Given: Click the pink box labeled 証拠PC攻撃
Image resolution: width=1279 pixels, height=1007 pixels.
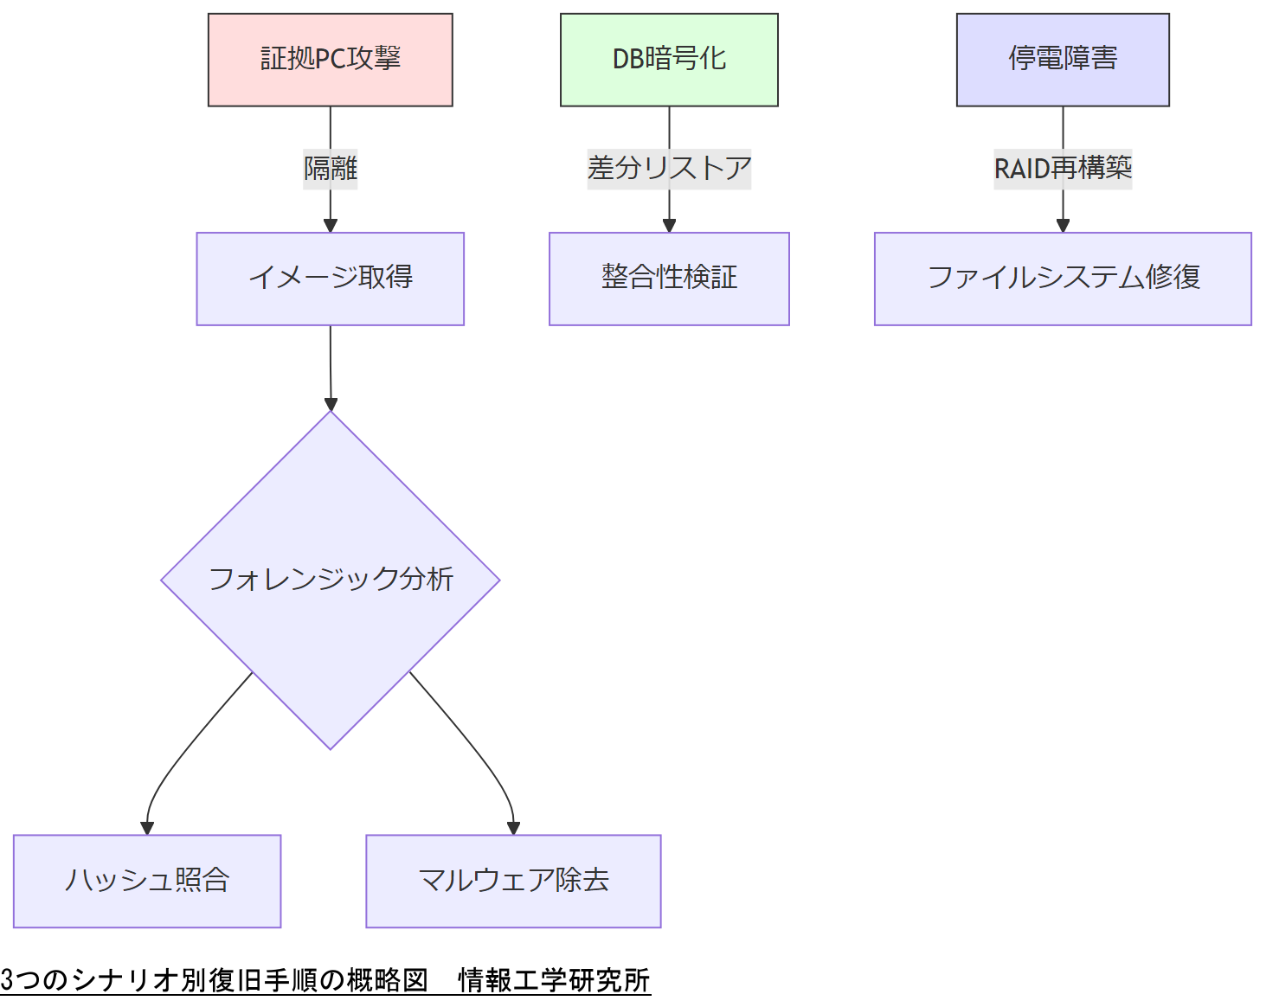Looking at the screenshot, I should point(330,60).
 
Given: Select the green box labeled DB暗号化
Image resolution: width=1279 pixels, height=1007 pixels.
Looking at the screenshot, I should point(669,60).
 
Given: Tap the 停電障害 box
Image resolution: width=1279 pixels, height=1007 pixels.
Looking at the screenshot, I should point(1063,60).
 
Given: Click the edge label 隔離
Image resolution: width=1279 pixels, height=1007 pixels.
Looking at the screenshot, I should point(330,168).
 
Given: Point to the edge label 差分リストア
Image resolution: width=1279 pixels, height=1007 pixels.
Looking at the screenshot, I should point(669,168).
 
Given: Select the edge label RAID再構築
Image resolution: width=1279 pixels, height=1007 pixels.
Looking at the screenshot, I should point(1063,168).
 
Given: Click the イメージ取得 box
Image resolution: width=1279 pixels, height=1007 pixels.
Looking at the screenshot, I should point(330,279).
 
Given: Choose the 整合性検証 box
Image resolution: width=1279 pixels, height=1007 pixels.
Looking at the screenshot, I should point(669,279).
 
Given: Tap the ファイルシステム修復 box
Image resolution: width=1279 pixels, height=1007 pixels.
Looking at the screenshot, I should point(1063,279).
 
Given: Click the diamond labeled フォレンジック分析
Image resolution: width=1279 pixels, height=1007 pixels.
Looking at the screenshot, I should point(330,580).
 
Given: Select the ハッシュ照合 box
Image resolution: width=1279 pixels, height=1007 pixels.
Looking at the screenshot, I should point(147,881).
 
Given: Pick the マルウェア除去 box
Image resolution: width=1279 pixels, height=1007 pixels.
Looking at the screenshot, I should point(513,881).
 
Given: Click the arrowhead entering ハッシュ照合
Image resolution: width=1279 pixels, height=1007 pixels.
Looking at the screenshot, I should point(147,828).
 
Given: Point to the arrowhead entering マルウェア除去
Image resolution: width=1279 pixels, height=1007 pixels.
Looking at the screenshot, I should point(513,828).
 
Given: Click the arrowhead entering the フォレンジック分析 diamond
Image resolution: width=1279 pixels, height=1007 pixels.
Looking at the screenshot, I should point(331,404).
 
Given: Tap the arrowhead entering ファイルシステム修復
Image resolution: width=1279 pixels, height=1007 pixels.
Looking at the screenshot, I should point(1063,226).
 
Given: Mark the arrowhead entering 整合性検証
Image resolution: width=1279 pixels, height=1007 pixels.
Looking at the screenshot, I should point(669,226).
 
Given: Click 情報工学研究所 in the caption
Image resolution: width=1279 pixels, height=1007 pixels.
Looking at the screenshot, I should point(554,980).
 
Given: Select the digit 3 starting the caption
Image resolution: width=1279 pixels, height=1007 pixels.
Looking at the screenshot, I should point(7,980).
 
